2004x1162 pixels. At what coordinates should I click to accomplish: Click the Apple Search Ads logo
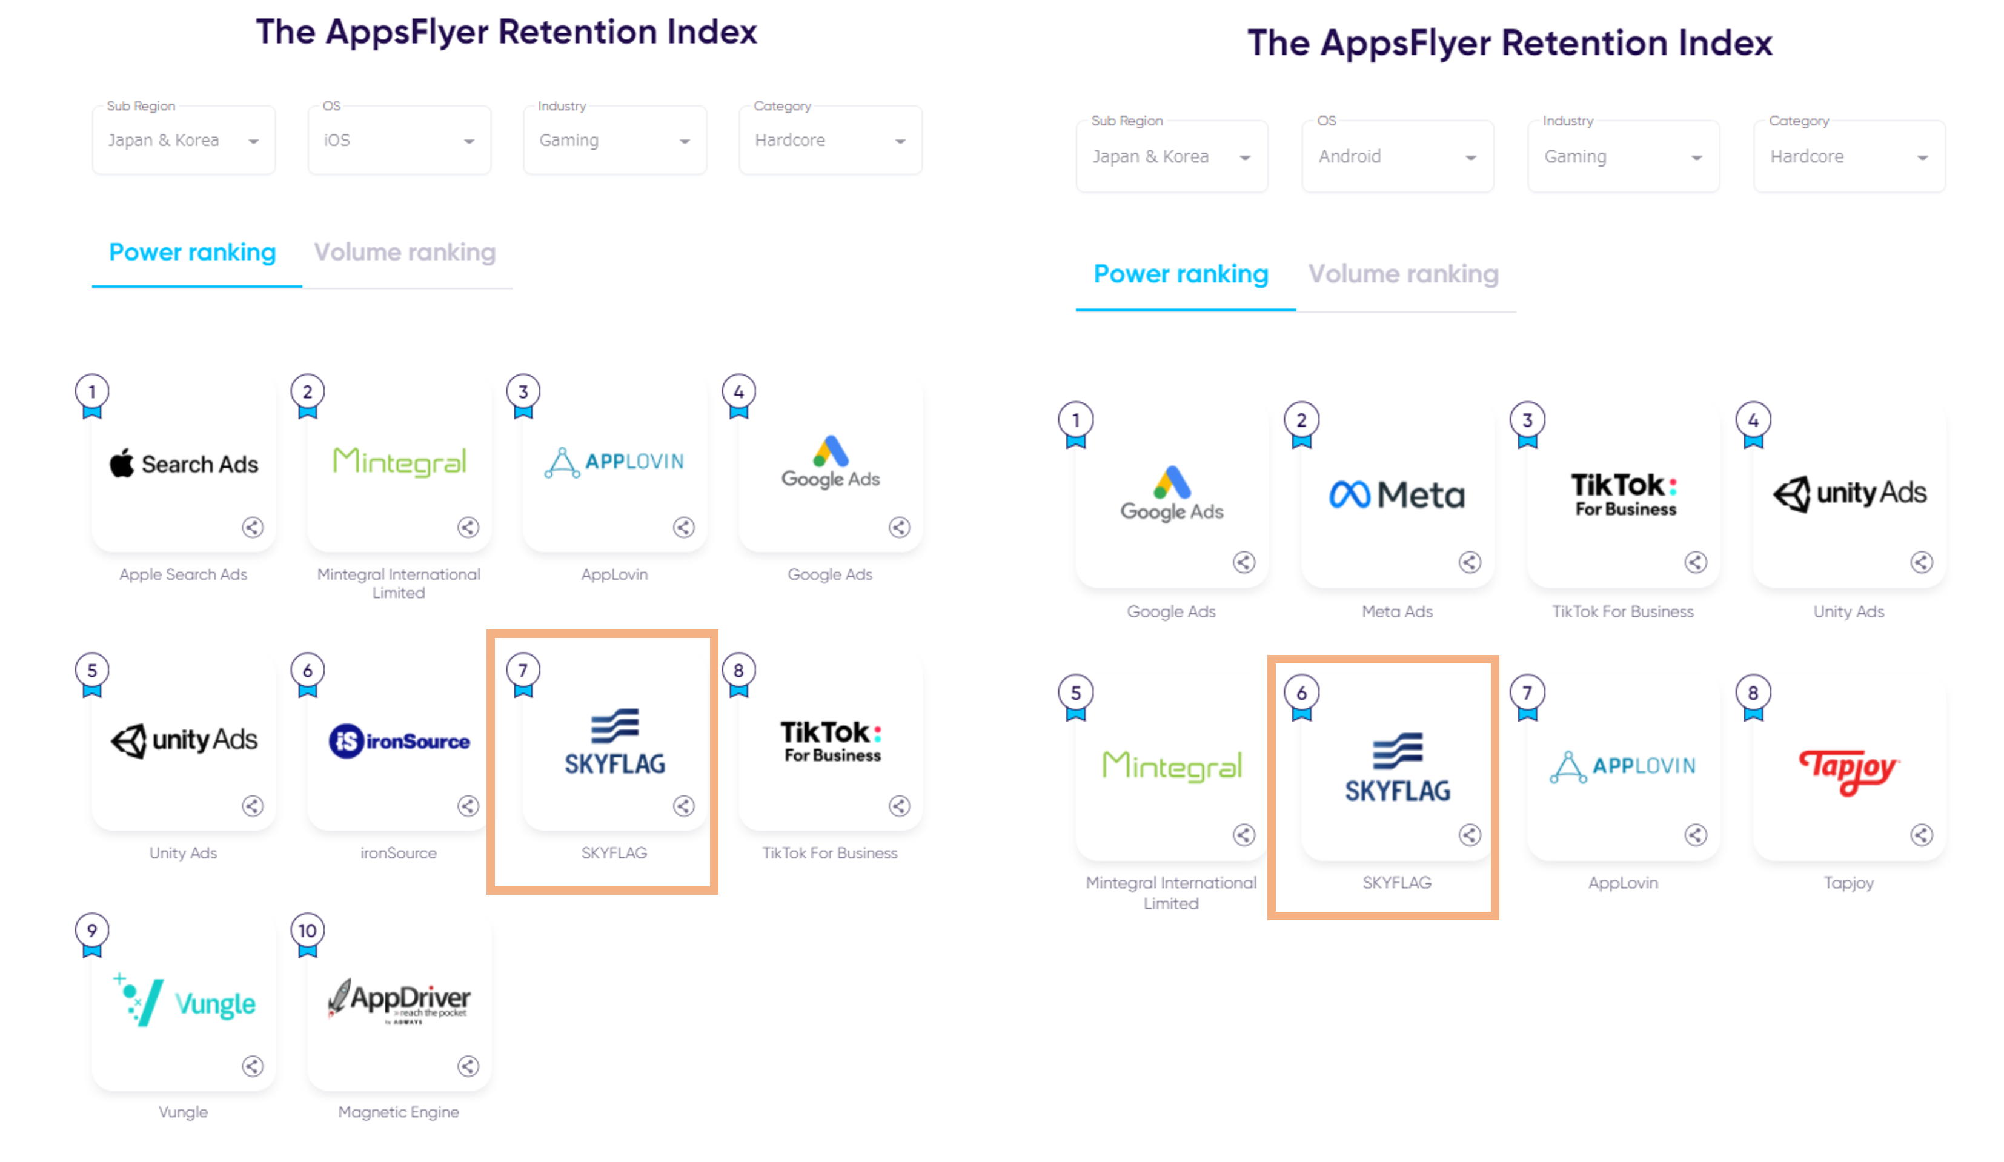(x=184, y=463)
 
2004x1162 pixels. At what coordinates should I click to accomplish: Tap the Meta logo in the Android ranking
(x=1396, y=495)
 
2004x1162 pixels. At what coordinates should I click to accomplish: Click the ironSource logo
(x=399, y=742)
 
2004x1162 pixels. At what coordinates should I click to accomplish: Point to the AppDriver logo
(x=399, y=1001)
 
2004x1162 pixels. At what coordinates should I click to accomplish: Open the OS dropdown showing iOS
(x=399, y=141)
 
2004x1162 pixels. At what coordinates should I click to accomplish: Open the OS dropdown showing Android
(x=1396, y=157)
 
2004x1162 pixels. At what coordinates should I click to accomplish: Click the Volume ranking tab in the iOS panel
(x=405, y=252)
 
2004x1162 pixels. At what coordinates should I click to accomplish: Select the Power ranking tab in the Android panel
(x=1181, y=274)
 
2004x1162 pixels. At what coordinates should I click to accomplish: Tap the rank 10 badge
(x=308, y=930)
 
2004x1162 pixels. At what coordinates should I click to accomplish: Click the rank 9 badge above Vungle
(x=92, y=930)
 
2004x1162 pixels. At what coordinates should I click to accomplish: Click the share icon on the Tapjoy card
(x=1921, y=834)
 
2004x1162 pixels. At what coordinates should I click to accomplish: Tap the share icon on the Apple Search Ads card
(x=253, y=527)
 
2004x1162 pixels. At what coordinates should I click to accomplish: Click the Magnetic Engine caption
(x=399, y=1112)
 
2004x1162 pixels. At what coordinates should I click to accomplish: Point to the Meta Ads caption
(x=1396, y=612)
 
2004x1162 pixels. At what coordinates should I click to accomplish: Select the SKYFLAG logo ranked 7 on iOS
(x=615, y=742)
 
